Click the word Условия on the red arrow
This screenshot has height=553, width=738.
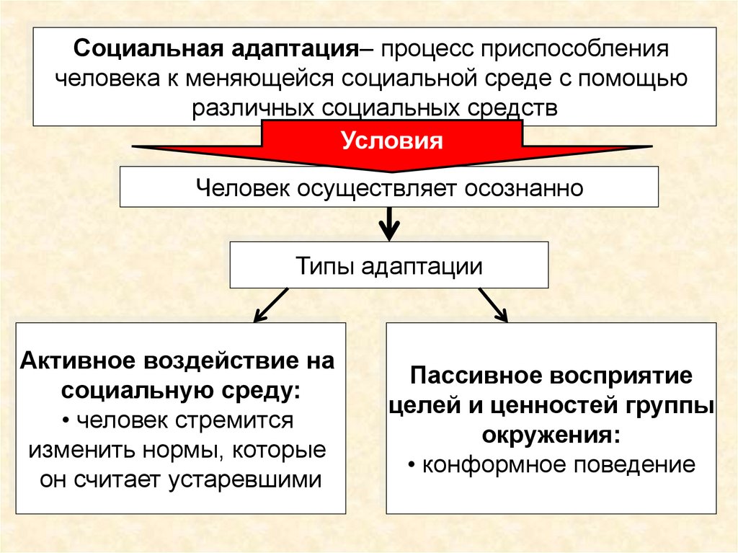[391, 139]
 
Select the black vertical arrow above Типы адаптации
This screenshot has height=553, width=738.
[389, 224]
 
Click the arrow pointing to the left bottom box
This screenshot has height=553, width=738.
[270, 304]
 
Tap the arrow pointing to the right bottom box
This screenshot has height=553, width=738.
[493, 304]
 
